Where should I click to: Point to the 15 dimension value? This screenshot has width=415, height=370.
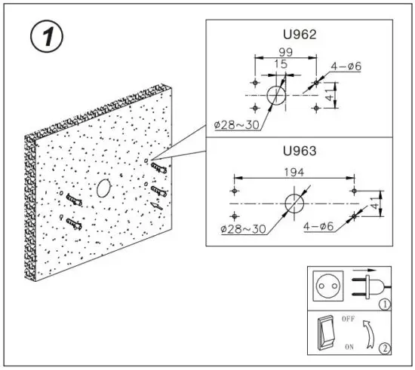tap(281, 66)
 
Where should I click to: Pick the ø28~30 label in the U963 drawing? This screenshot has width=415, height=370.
tap(244, 227)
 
